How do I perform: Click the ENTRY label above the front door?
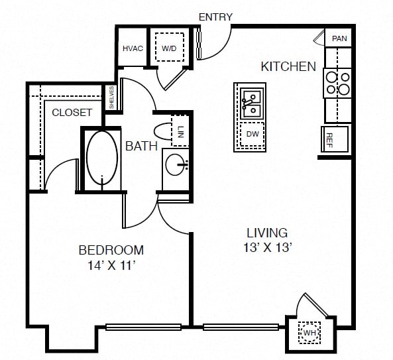tap(215, 17)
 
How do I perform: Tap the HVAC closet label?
tap(133, 48)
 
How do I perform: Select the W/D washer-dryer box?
tap(170, 47)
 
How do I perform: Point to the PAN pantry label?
tap(339, 38)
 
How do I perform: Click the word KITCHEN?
tap(288, 67)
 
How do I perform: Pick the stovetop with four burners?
tap(337, 84)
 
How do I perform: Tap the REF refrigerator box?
tap(335, 139)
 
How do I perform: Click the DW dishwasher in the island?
tap(252, 134)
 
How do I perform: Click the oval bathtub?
tap(102, 157)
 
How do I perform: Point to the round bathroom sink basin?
tap(175, 164)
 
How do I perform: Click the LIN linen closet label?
tap(180, 132)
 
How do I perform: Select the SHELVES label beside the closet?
tap(111, 97)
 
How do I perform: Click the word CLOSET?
tap(72, 113)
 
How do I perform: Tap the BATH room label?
tap(141, 146)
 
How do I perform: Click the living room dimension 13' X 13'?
tap(267, 248)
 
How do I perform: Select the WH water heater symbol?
tap(309, 332)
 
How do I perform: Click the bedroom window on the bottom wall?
tap(143, 327)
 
